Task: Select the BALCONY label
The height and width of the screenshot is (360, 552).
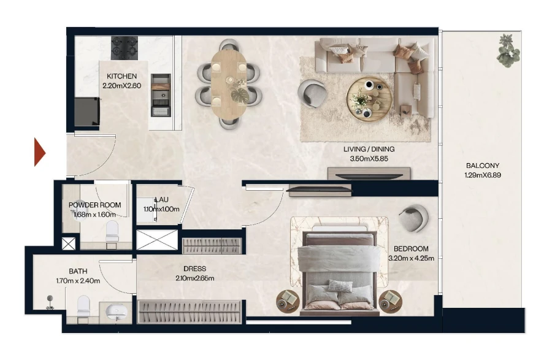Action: pyautogui.click(x=482, y=166)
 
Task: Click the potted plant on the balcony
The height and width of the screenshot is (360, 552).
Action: pyautogui.click(x=508, y=50)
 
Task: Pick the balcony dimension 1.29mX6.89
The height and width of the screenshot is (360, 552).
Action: pyautogui.click(x=482, y=176)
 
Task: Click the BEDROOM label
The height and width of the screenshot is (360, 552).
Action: pyautogui.click(x=410, y=248)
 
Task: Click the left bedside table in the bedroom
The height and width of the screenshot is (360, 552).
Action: pyautogui.click(x=288, y=299)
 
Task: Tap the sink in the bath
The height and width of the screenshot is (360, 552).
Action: pyautogui.click(x=117, y=312)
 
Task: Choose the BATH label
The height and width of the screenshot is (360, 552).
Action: pyautogui.click(x=78, y=271)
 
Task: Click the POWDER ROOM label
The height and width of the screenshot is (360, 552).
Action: pyautogui.click(x=94, y=205)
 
